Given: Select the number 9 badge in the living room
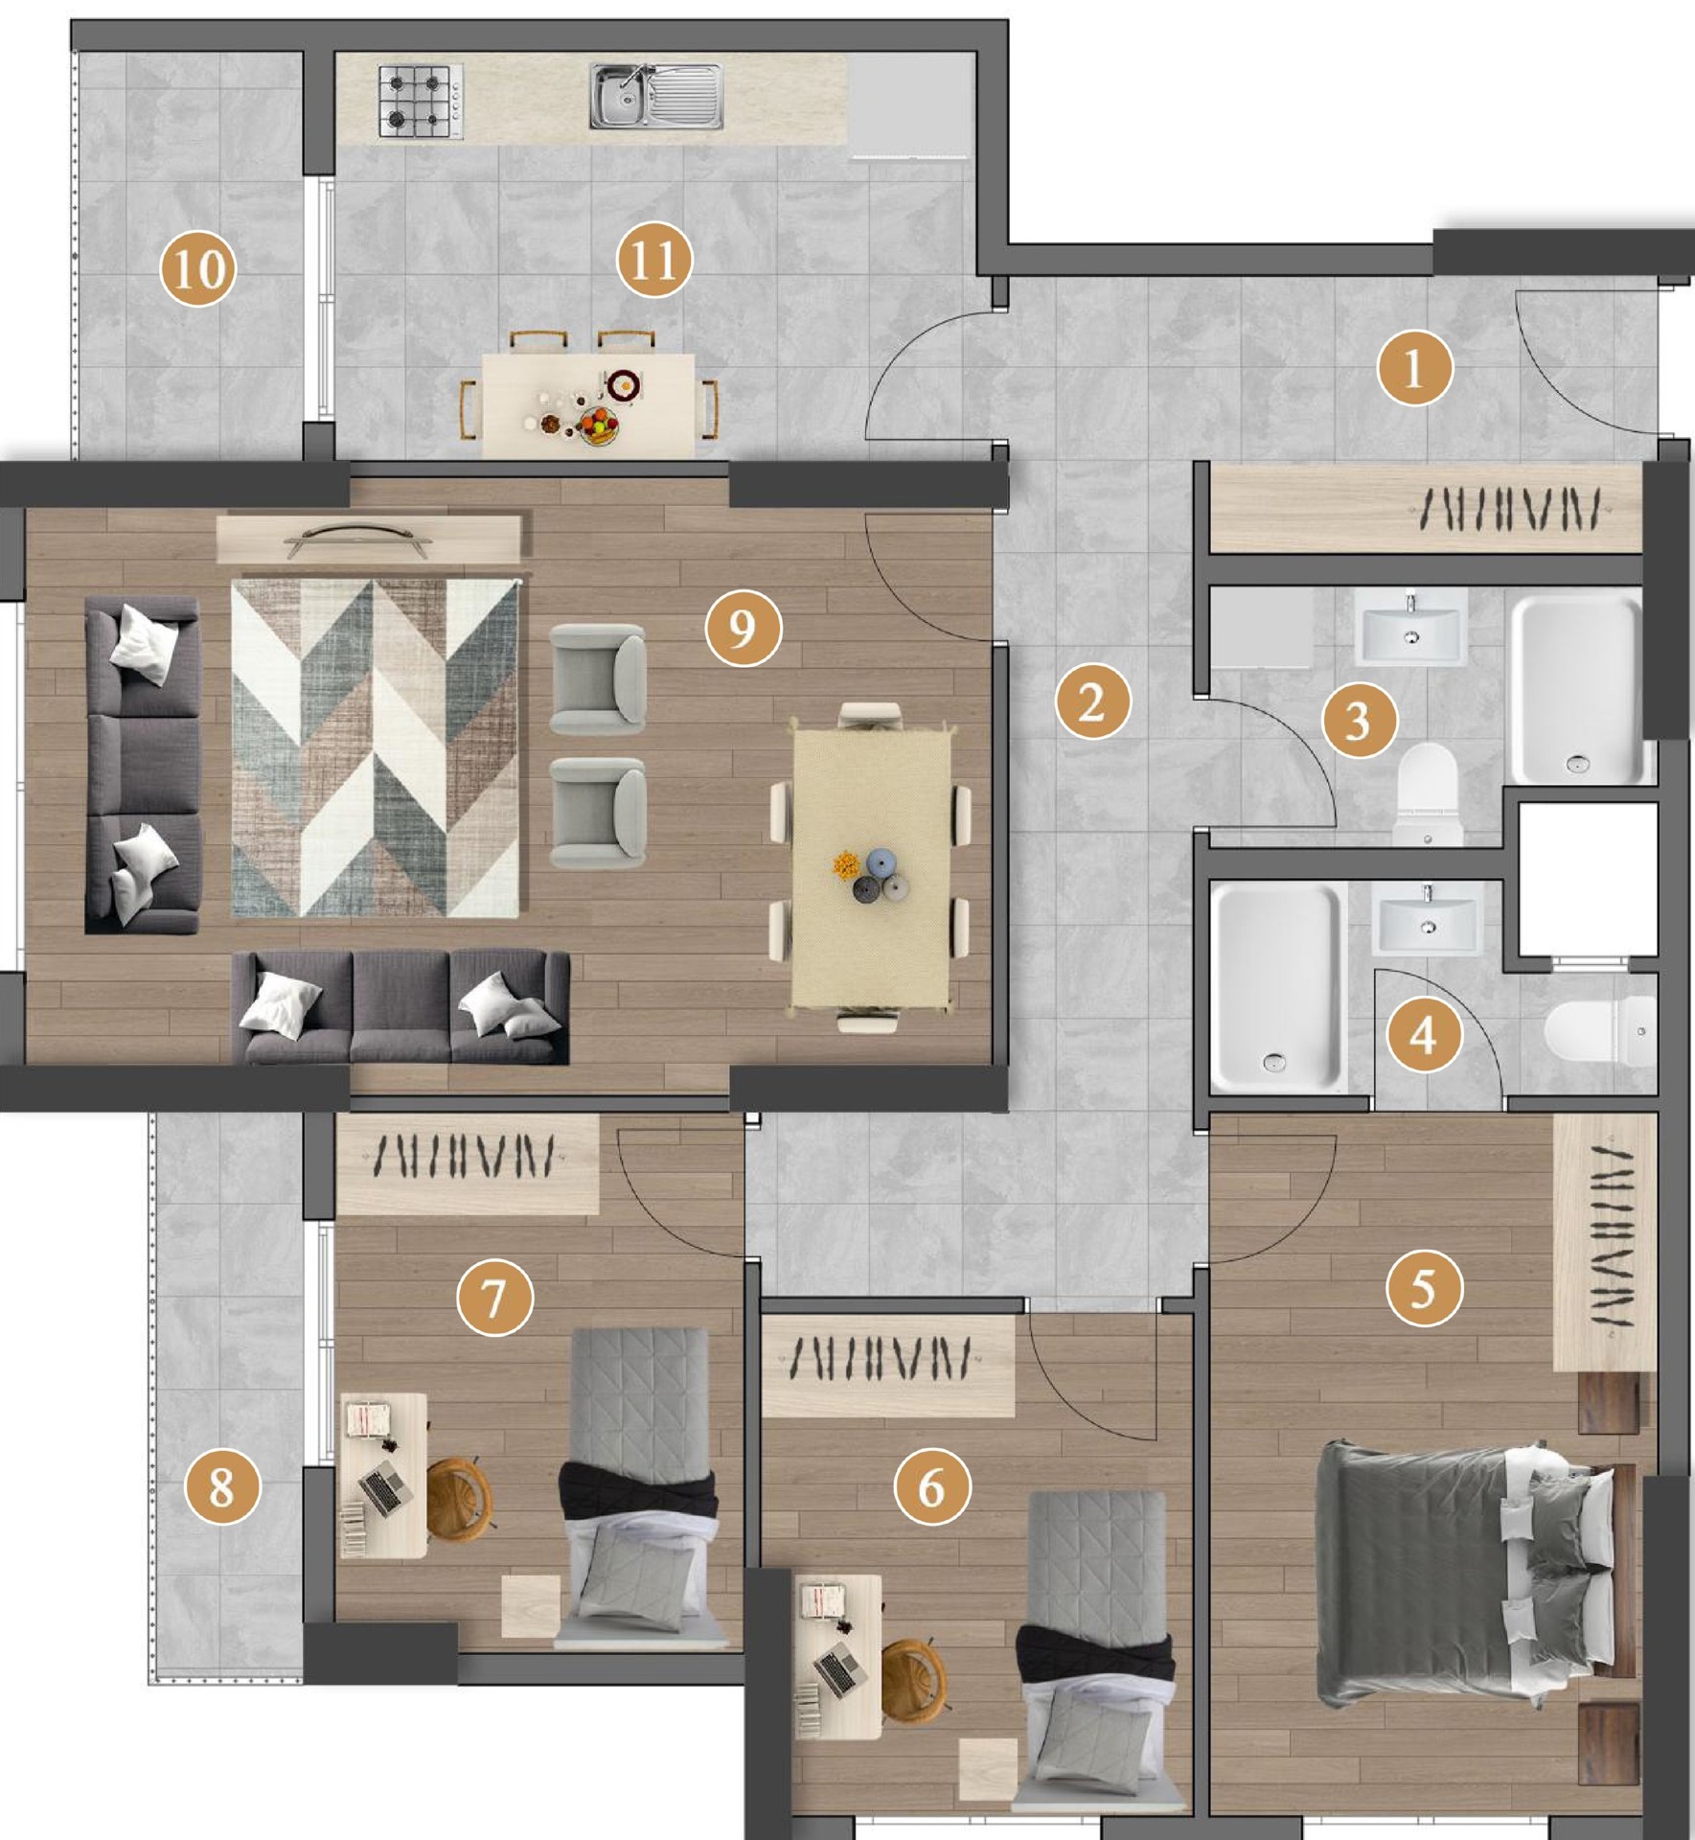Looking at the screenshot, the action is (x=743, y=628).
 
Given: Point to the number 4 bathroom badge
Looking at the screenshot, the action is (x=1424, y=1034).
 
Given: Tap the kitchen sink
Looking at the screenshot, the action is (x=655, y=96).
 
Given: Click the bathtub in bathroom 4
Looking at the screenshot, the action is (x=1277, y=987).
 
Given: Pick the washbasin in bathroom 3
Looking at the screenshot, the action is (x=1410, y=628).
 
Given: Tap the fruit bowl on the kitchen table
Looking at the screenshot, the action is (x=600, y=425).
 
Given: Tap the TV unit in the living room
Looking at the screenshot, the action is (x=370, y=540).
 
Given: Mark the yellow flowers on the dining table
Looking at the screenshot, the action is (x=845, y=862).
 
